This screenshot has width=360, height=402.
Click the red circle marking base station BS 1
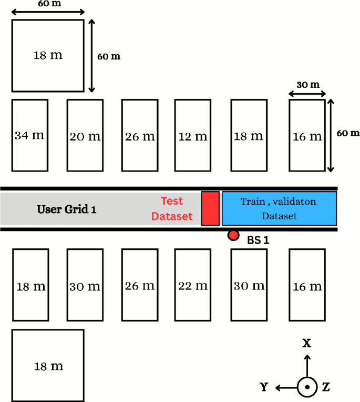[233, 235]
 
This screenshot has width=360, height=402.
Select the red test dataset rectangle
[210, 209]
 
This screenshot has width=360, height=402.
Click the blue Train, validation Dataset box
[279, 208]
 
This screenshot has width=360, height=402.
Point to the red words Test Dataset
[177, 208]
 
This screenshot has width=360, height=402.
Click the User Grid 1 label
[67, 209]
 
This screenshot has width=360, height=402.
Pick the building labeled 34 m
[29, 135]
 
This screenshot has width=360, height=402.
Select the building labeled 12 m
[192, 135]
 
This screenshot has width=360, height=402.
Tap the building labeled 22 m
[192, 286]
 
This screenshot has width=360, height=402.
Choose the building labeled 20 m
[85, 135]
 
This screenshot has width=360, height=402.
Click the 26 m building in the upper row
[140, 135]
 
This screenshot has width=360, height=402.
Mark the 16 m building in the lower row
[307, 286]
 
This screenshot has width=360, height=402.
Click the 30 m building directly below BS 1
[249, 286]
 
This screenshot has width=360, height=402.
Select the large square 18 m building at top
[48, 55]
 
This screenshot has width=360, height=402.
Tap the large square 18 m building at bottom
[48, 365]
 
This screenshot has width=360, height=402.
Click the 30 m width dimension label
[307, 85]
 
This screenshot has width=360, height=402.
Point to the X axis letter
[307, 344]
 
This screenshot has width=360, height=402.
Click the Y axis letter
[265, 388]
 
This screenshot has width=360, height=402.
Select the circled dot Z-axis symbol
[307, 388]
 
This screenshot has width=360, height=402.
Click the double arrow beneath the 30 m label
[307, 95]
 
